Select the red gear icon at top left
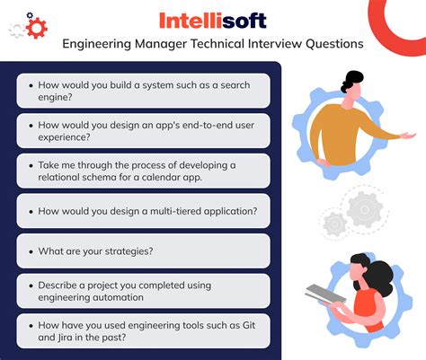(x=36, y=27)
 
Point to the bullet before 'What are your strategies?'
(x=31, y=250)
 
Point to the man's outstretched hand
(x=408, y=136)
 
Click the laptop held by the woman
(x=328, y=294)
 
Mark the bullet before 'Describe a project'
(x=31, y=285)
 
